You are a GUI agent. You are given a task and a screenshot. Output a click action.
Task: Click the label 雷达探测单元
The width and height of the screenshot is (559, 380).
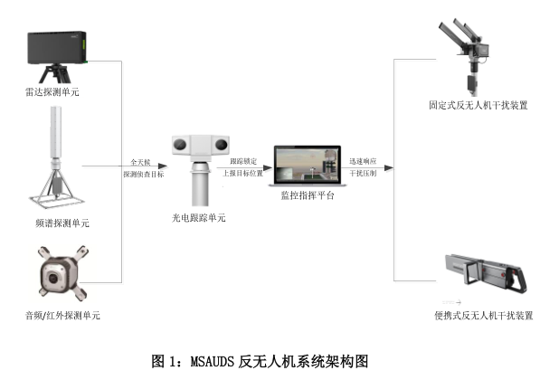point(58,92)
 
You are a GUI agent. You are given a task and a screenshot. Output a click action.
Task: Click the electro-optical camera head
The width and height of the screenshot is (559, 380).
point(199,145)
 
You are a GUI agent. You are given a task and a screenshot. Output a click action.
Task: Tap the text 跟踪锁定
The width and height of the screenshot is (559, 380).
point(243,160)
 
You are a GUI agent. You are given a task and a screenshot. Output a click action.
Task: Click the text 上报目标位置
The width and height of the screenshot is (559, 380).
point(243,173)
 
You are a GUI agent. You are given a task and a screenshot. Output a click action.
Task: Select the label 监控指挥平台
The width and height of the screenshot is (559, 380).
point(301,196)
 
